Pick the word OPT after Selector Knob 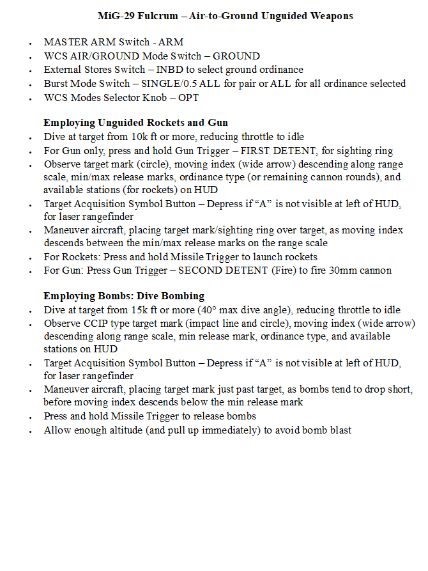(x=188, y=97)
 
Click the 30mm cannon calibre (x=337, y=270)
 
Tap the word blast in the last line (x=339, y=430)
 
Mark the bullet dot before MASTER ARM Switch (x=30, y=43)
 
